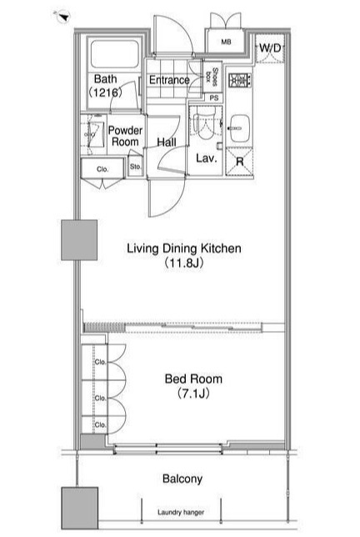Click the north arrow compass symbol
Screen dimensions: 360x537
click(63, 16)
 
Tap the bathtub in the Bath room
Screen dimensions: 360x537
click(115, 53)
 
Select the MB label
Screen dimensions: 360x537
click(226, 43)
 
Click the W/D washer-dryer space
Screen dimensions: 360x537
click(270, 48)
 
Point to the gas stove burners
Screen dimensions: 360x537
click(239, 81)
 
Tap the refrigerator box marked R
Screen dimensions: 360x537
click(239, 161)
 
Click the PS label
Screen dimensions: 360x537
click(214, 98)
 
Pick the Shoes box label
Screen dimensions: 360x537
click(212, 77)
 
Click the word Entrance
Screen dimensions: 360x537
click(169, 80)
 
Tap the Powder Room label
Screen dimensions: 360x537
click(125, 136)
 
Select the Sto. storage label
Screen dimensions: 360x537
click(136, 167)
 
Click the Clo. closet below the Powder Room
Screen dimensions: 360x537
click(102, 168)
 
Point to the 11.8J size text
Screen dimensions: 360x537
click(184, 263)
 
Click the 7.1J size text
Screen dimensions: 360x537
click(193, 394)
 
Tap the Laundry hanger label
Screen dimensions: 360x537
click(181, 512)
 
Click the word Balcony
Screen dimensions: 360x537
click(182, 479)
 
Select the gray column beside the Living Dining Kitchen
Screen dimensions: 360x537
click(79, 240)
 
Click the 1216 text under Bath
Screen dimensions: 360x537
click(105, 93)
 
